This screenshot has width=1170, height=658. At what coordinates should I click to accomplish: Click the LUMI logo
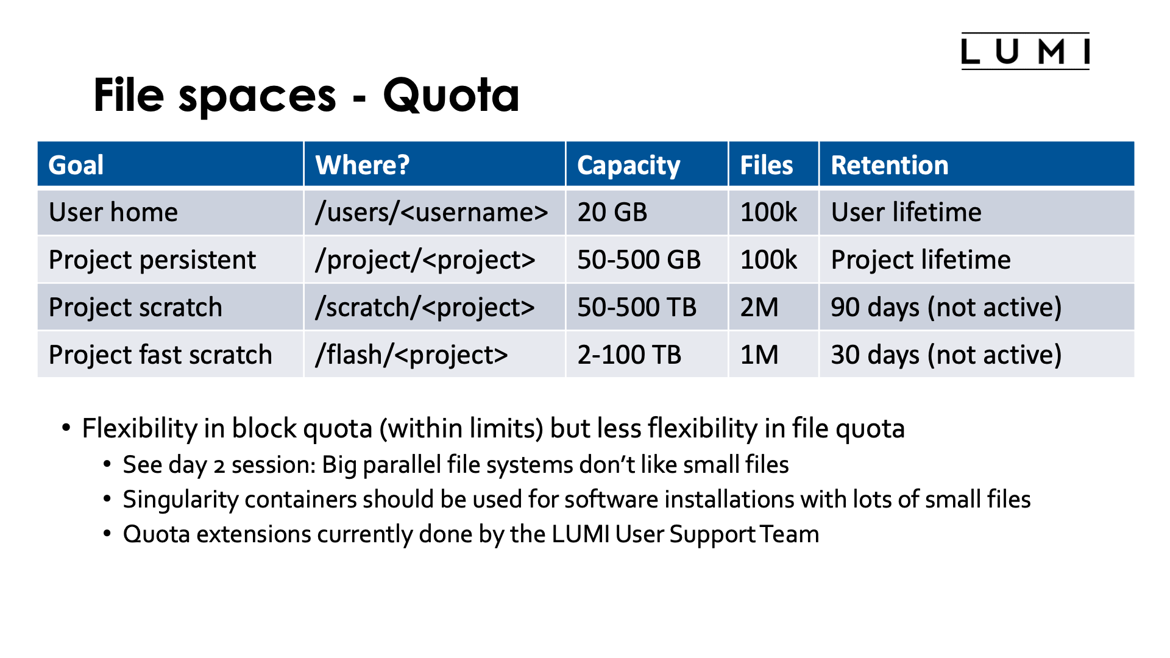[x=1025, y=51]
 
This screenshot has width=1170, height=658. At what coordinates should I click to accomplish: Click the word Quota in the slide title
[x=451, y=96]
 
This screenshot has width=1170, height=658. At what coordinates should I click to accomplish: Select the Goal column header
[x=76, y=165]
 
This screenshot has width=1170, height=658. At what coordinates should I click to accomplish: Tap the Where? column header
[x=363, y=165]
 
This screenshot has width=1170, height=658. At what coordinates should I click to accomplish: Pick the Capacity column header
[x=628, y=165]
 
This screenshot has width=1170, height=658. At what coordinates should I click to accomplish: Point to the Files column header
[x=766, y=165]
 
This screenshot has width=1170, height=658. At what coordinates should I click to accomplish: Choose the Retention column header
[x=890, y=165]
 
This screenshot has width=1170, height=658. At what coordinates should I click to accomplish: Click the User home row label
[x=113, y=213]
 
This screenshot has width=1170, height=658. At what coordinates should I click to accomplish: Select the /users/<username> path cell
[x=431, y=213]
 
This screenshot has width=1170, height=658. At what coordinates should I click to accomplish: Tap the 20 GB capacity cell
[x=612, y=213]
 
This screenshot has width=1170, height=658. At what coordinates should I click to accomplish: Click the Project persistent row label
[x=152, y=260]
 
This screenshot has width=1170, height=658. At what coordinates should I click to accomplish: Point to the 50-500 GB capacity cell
[x=639, y=260]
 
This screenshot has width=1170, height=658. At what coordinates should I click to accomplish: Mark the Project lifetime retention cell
[x=921, y=260]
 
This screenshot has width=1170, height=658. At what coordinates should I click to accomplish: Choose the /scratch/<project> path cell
[x=425, y=308]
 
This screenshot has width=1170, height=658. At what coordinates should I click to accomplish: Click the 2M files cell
[x=759, y=308]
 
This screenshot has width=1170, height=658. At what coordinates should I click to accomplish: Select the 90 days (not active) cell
[x=946, y=308]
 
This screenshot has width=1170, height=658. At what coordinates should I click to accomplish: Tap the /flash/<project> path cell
[x=411, y=355]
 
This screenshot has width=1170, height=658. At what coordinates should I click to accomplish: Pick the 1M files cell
[x=759, y=355]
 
